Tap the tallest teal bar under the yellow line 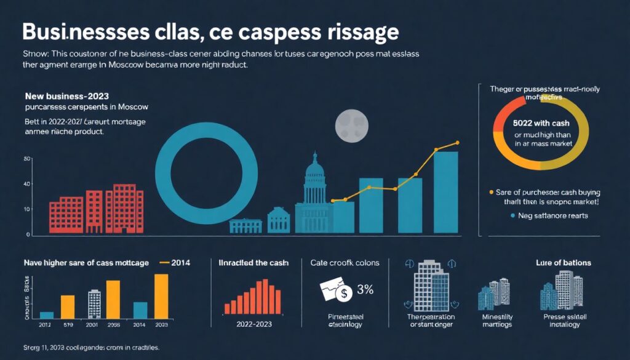(x=445, y=192)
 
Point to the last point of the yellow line (x=457, y=143)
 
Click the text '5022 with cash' (x=542, y=122)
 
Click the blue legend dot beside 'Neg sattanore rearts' (x=512, y=216)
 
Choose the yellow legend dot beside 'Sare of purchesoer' (x=490, y=192)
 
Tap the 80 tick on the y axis (x=26, y=159)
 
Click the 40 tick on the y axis (x=26, y=185)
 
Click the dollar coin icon (x=345, y=294)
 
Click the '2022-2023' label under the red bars (x=253, y=324)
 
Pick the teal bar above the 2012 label (x=47, y=314)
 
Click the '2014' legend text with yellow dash (x=179, y=263)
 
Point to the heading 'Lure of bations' (x=564, y=263)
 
